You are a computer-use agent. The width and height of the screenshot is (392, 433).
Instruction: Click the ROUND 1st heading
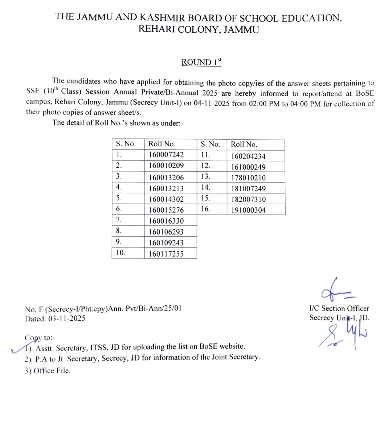(x=201, y=63)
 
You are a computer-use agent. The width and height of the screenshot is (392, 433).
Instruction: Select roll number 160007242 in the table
(x=166, y=155)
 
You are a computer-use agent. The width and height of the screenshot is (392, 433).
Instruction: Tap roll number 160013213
(x=166, y=188)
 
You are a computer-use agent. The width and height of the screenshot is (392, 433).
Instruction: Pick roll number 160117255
(x=166, y=254)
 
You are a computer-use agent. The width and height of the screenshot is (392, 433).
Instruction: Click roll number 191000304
(x=248, y=210)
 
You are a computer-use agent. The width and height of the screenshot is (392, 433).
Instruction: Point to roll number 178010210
(x=248, y=178)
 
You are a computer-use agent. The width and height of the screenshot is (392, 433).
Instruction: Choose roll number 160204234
(x=248, y=156)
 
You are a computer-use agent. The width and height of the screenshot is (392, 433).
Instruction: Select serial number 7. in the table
(x=119, y=220)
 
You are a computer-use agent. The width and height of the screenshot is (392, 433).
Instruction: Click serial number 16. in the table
(x=205, y=209)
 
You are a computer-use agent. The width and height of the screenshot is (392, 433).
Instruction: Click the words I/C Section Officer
(x=339, y=308)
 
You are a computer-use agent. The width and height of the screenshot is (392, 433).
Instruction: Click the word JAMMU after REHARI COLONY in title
(x=241, y=30)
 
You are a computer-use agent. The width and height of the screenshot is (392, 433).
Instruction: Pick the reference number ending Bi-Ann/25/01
(x=103, y=309)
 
